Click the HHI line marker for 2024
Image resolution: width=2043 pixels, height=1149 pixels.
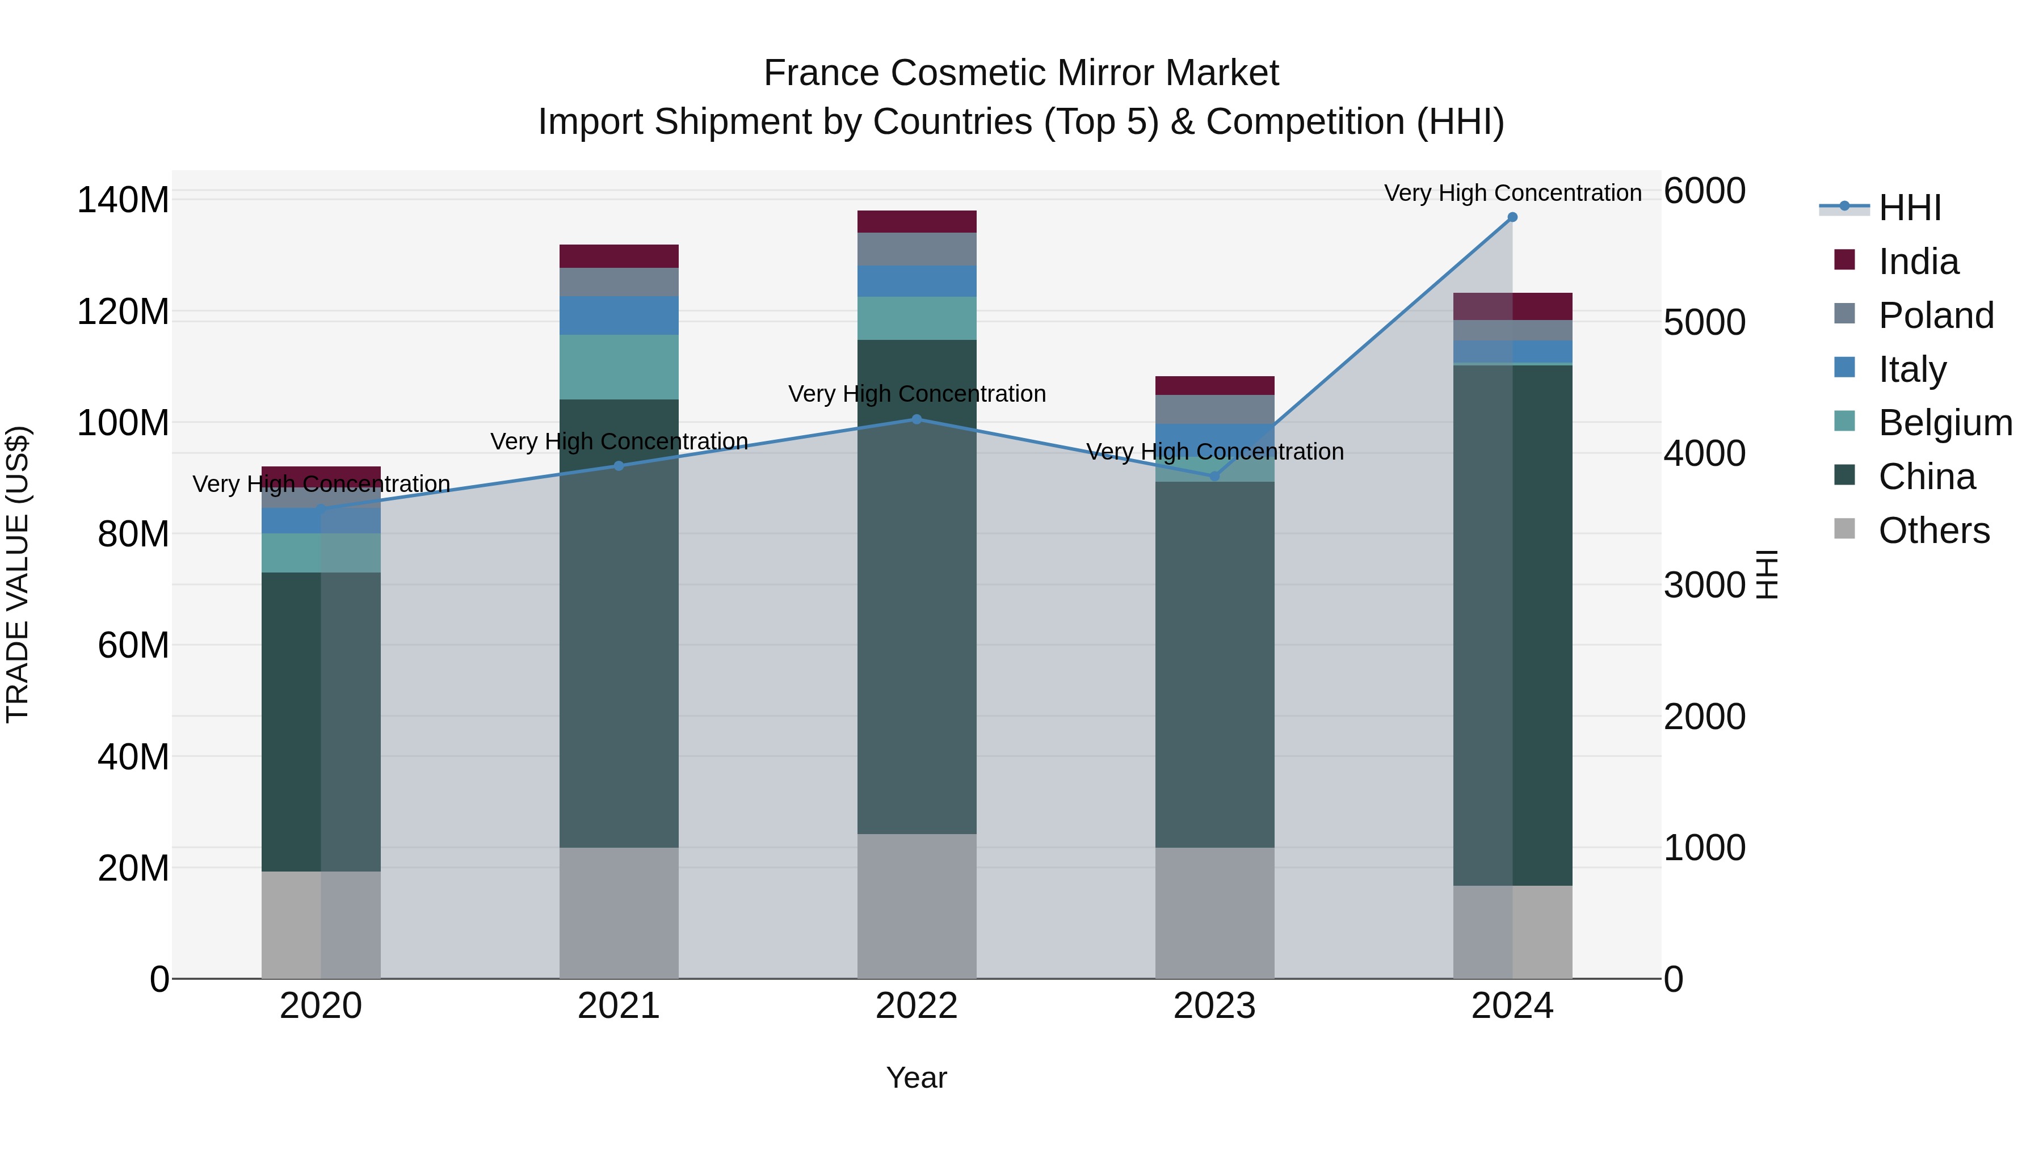[x=1512, y=217]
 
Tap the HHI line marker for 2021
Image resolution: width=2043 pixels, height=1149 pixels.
[x=619, y=466]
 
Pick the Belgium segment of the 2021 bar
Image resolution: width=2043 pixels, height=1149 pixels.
[x=619, y=367]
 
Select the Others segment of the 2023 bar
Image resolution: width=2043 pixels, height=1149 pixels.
[x=1214, y=913]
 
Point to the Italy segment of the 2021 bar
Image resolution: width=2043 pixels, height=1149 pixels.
[x=619, y=315]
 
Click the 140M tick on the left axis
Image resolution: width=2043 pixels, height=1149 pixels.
[x=123, y=200]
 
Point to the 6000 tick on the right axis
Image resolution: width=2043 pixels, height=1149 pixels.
[x=1704, y=191]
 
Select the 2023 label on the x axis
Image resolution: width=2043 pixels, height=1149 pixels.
[x=1214, y=1006]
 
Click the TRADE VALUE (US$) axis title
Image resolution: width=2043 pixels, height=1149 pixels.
[x=18, y=574]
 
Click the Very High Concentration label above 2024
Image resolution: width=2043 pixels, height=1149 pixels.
[x=1512, y=193]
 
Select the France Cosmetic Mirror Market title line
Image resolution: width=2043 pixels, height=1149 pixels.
[x=1021, y=73]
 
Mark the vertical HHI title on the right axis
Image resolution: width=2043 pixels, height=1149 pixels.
[x=1767, y=574]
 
